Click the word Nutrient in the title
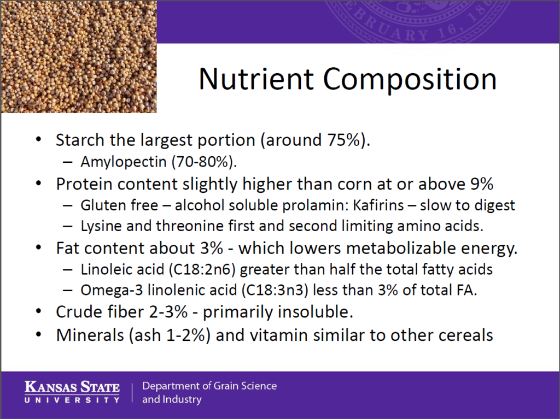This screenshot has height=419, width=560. pyautogui.click(x=256, y=79)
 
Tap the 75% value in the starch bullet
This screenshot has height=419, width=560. pyautogui.click(x=343, y=139)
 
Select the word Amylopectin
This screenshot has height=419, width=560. pyautogui.click(x=124, y=162)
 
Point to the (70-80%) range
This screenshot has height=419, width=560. pyautogui.click(x=205, y=162)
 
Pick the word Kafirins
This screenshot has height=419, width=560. pyautogui.click(x=378, y=205)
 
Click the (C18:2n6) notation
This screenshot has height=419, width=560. pyautogui.click(x=202, y=269)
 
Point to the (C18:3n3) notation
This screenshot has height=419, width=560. pyautogui.click(x=275, y=290)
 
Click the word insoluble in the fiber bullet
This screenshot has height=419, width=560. pyautogui.click(x=315, y=311)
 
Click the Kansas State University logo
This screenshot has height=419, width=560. pyautogui.click(x=72, y=392)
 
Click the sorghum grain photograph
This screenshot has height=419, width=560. pyautogui.click(x=79, y=57)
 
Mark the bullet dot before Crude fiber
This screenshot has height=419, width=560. pyautogui.click(x=39, y=311)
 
